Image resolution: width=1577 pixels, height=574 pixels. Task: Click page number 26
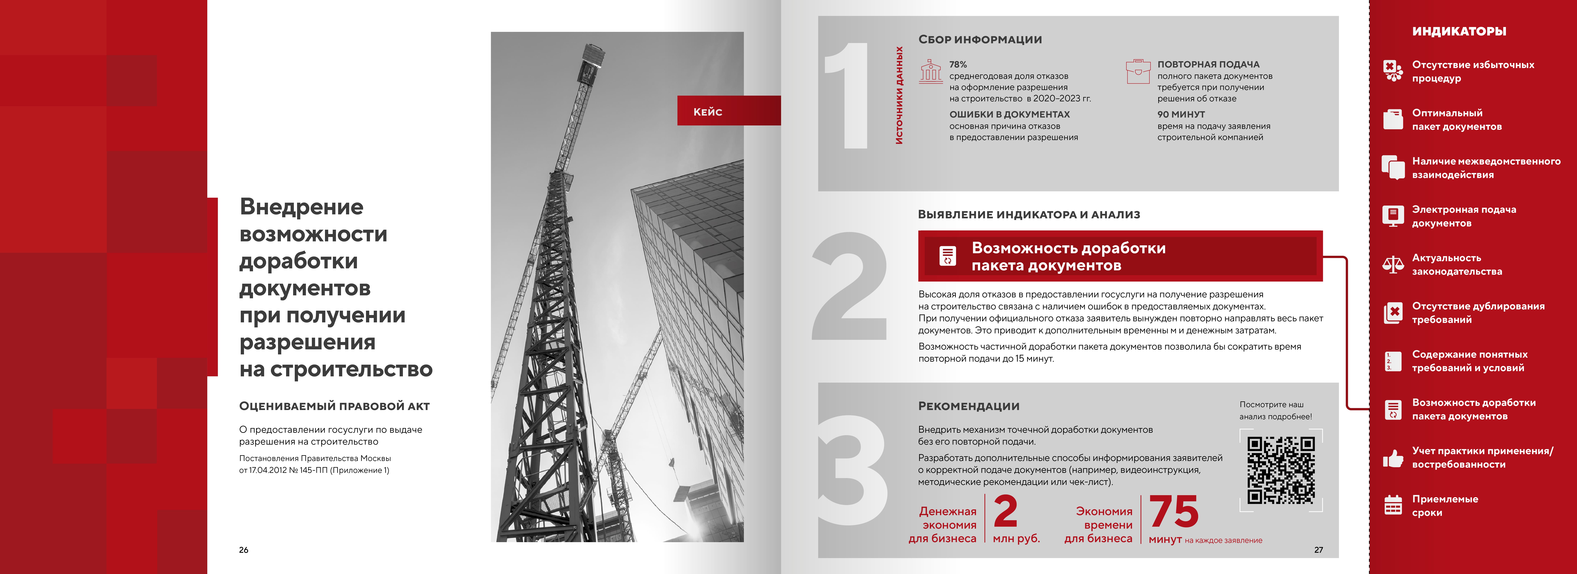[x=244, y=550]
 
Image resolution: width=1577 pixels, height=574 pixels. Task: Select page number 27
[x=1318, y=550]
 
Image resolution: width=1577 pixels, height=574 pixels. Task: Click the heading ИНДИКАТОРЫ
[x=1459, y=31]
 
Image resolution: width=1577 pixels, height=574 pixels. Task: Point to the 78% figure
[x=958, y=64]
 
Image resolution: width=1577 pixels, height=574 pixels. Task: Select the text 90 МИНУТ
[x=1181, y=114]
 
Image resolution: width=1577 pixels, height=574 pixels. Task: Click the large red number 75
[x=1174, y=512]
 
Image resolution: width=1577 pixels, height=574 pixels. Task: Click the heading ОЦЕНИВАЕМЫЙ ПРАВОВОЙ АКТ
[x=334, y=406]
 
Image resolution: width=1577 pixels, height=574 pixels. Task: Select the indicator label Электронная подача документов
[x=1464, y=216]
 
